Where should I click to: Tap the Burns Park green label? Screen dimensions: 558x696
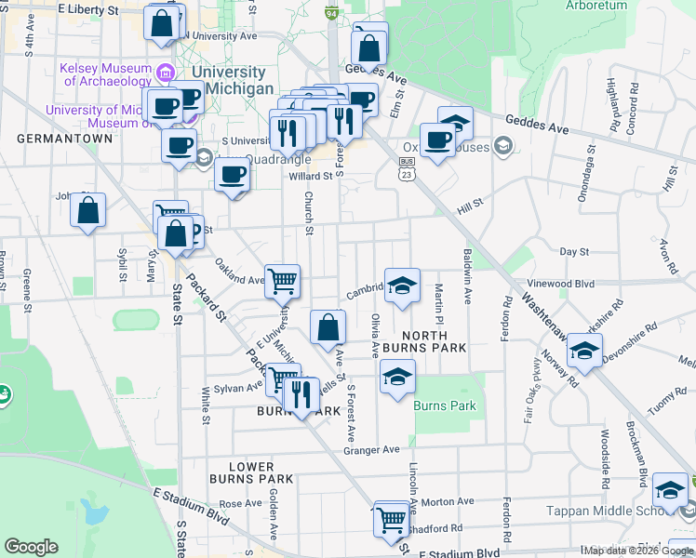tap(445, 405)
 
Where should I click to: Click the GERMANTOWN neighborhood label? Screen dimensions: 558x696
tap(64, 139)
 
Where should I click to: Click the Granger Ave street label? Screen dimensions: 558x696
tap(371, 450)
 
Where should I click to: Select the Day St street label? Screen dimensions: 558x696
tap(574, 252)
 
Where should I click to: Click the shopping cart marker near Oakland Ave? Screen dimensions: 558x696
tap(282, 278)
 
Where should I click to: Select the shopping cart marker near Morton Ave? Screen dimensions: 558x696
tap(392, 519)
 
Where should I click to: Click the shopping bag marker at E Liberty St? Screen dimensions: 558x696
tap(162, 24)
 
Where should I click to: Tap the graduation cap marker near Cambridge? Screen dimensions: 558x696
tap(402, 286)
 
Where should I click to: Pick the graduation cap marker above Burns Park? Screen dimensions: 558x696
tap(397, 377)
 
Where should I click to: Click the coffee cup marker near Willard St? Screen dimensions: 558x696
tap(232, 174)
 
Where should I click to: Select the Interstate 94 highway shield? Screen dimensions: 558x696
tap(330, 14)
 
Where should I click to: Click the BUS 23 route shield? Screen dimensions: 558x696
tap(407, 167)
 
